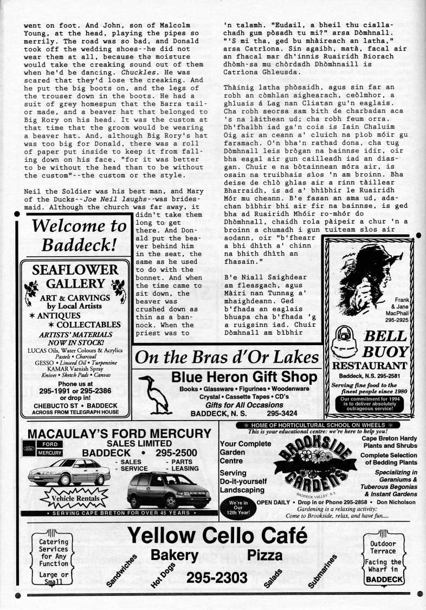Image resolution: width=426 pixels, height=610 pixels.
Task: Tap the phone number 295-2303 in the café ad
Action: (216, 577)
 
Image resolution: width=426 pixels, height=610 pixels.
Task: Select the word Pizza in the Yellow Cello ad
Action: (265, 555)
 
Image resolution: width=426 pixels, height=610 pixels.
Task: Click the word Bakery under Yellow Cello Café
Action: (174, 555)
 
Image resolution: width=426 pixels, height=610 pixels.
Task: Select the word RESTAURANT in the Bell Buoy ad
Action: (369, 365)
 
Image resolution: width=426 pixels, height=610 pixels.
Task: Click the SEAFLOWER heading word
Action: (75, 270)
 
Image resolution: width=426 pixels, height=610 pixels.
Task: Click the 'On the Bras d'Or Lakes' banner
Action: (227, 357)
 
